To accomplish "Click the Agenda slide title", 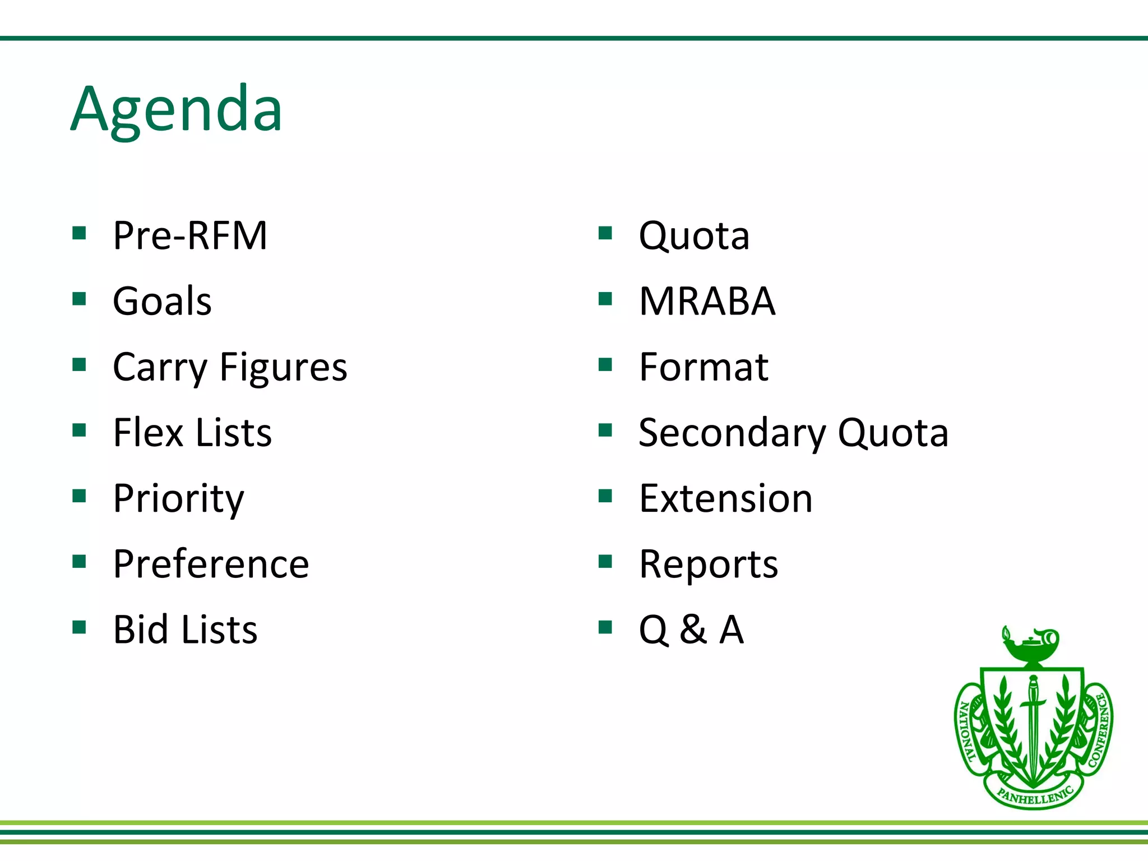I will pyautogui.click(x=176, y=109).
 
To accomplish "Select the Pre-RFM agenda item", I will pyautogui.click(x=190, y=235).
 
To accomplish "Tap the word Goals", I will pyautogui.click(x=162, y=301).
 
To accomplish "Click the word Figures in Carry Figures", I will pyautogui.click(x=283, y=367).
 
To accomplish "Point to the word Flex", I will pyautogui.click(x=148, y=433).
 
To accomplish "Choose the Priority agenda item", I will pyautogui.click(x=178, y=498).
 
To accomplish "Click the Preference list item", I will pyautogui.click(x=211, y=564).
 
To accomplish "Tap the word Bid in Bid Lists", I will pyautogui.click(x=140, y=629).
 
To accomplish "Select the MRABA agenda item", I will pyautogui.click(x=707, y=301).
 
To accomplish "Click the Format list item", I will pyautogui.click(x=703, y=367).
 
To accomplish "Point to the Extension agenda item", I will pyautogui.click(x=725, y=498).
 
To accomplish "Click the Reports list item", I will pyautogui.click(x=708, y=564).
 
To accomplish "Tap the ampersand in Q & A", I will pyautogui.click(x=693, y=629).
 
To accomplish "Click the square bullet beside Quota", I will pyautogui.click(x=605, y=233).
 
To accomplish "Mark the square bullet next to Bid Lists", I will pyautogui.click(x=79, y=627).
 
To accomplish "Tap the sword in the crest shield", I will pyautogui.click(x=1033, y=723).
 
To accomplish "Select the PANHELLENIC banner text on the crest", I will pyautogui.click(x=1035, y=795).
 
